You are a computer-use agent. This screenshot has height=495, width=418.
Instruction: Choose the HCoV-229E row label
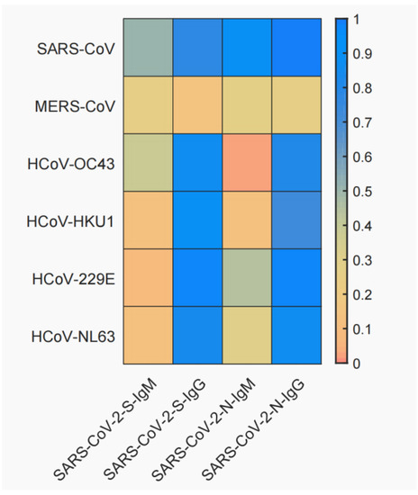pyautogui.click(x=76, y=278)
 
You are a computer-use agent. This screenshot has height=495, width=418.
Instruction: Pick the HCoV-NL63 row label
pyautogui.click(x=76, y=336)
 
